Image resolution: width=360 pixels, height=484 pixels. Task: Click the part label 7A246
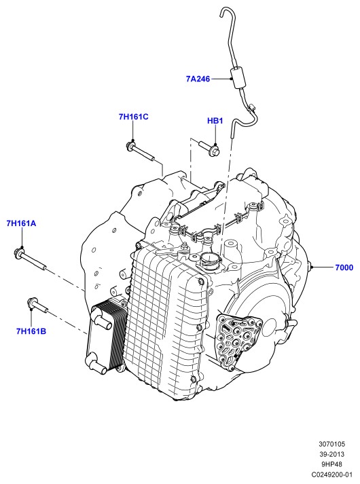pyautogui.click(x=198, y=79)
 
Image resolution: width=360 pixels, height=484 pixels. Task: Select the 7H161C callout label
pyautogui.click(x=133, y=117)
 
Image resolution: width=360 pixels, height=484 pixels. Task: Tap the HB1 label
pyautogui.click(x=215, y=120)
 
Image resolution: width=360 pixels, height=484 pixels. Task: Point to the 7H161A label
pyautogui.click(x=21, y=223)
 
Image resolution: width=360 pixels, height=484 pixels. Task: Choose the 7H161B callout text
pyautogui.click(x=31, y=331)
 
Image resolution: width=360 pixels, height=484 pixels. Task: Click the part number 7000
pyautogui.click(x=344, y=267)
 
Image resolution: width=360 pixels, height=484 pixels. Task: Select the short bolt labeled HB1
pyautogui.click(x=209, y=148)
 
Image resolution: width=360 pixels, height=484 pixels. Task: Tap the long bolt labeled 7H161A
pyautogui.click(x=31, y=259)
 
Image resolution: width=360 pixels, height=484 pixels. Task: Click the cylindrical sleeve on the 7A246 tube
pyautogui.click(x=238, y=78)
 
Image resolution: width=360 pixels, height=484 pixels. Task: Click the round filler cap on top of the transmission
pyautogui.click(x=211, y=262)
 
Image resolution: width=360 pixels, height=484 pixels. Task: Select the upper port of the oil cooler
pyautogui.click(x=101, y=320)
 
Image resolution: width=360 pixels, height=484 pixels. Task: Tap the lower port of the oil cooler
pyautogui.click(x=95, y=362)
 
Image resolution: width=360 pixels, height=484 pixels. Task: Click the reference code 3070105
pyautogui.click(x=332, y=444)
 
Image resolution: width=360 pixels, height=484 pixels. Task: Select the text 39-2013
pyautogui.click(x=332, y=454)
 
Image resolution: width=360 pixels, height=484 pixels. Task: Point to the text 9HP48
pyautogui.click(x=332, y=464)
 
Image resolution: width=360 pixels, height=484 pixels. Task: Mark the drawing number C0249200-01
pyautogui.click(x=332, y=474)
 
